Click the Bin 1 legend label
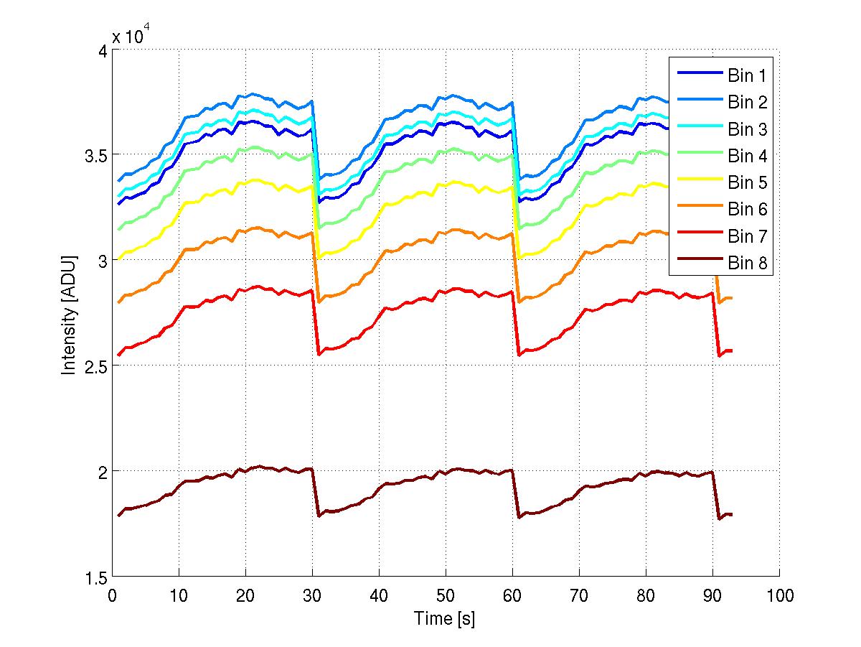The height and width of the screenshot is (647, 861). click(x=747, y=75)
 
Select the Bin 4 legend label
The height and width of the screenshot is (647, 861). click(x=747, y=156)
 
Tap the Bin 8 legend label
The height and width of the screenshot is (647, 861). click(x=747, y=263)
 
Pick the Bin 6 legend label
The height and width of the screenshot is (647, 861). click(x=747, y=209)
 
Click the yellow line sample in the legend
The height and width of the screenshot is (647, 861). click(x=696, y=182)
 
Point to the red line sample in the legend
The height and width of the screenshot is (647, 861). click(x=696, y=236)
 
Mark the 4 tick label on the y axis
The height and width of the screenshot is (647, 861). click(x=101, y=50)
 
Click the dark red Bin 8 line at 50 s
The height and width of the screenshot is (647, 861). click(x=446, y=470)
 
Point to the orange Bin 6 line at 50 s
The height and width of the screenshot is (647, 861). click(x=446, y=231)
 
